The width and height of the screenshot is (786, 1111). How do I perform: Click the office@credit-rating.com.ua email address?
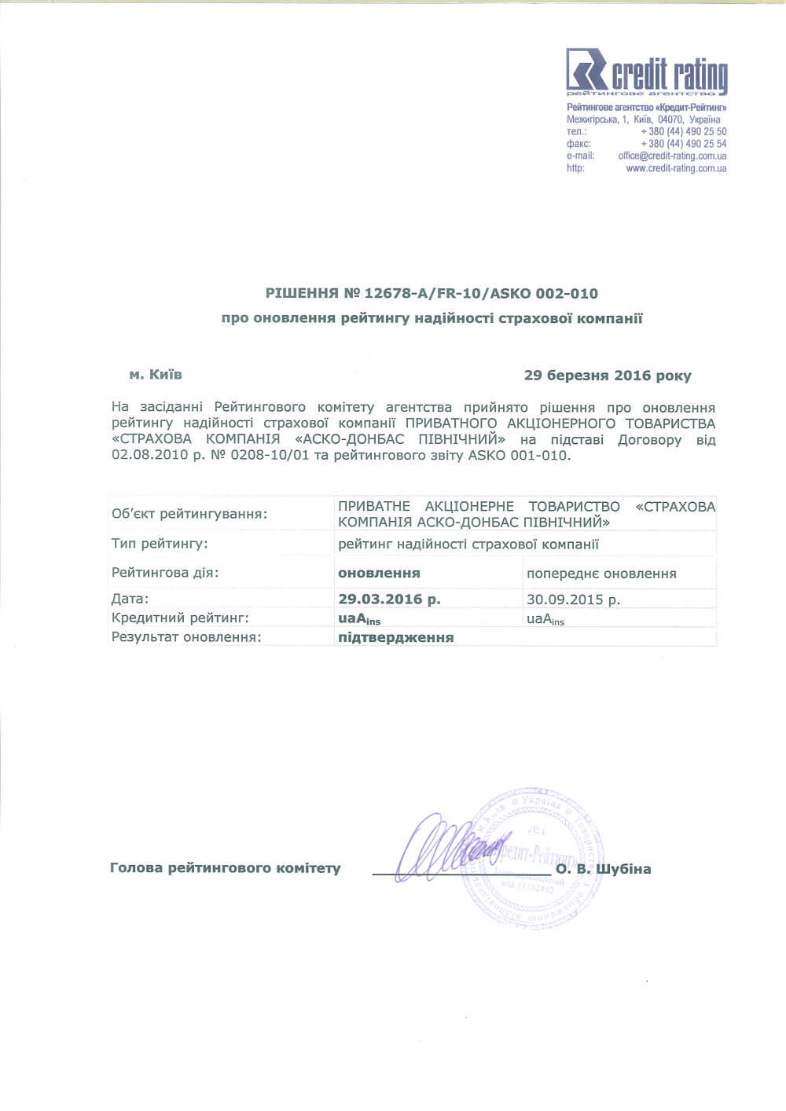pyautogui.click(x=672, y=156)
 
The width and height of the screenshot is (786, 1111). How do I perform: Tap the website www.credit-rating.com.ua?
pyautogui.click(x=676, y=168)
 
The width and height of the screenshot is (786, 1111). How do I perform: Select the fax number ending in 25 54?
pyautogui.click(x=683, y=144)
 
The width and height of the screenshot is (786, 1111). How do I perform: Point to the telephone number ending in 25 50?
pyautogui.click(x=683, y=132)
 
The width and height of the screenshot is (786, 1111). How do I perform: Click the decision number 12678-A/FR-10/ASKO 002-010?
pyautogui.click(x=481, y=294)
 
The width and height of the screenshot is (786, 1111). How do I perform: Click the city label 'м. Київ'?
pyautogui.click(x=156, y=375)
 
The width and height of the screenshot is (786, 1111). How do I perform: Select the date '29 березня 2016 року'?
pyautogui.click(x=608, y=376)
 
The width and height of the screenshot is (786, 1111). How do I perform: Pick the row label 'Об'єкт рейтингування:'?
pyautogui.click(x=189, y=515)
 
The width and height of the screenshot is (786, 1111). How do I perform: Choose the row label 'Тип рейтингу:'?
pyautogui.click(x=160, y=544)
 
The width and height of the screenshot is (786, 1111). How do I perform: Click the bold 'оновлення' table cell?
pyautogui.click(x=379, y=573)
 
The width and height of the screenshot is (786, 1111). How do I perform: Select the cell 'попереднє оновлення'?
pyautogui.click(x=601, y=574)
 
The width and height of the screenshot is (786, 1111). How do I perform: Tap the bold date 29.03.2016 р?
pyautogui.click(x=389, y=599)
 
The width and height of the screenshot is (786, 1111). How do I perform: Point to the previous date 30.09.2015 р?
pyautogui.click(x=573, y=599)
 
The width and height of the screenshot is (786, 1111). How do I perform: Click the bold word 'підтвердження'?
pyautogui.click(x=396, y=637)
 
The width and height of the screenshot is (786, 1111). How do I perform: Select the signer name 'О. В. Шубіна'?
pyautogui.click(x=603, y=869)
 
